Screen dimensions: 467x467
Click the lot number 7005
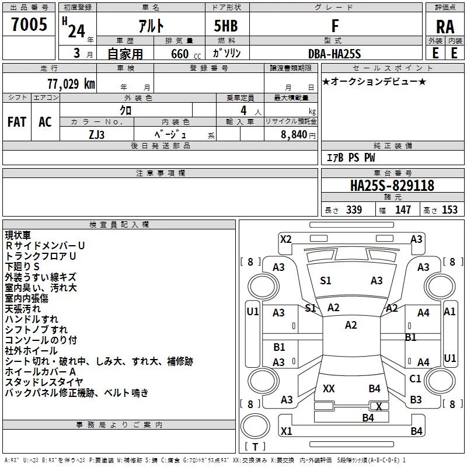pyautogui.click(x=29, y=24)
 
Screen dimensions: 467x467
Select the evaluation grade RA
pyautogui.click(x=445, y=27)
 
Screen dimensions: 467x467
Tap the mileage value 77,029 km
pyautogui.click(x=71, y=83)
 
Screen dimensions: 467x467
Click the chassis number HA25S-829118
pyautogui.click(x=392, y=185)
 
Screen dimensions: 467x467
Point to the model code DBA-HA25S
pyautogui.click(x=334, y=54)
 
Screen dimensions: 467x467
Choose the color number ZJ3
pyautogui.click(x=97, y=135)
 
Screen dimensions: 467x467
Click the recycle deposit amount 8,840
pyautogui.click(x=294, y=135)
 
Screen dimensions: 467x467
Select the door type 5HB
pyautogui.click(x=226, y=26)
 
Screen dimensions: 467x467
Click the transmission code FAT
pyautogui.click(x=17, y=122)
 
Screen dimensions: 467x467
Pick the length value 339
pyautogui.click(x=354, y=210)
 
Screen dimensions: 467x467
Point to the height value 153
pyautogui.click(x=449, y=210)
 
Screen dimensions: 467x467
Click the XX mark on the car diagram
pyautogui.click(x=329, y=389)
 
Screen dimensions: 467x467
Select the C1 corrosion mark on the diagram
pyautogui.click(x=415, y=379)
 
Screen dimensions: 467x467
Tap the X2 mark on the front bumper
pyautogui.click(x=286, y=239)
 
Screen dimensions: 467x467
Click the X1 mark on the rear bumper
pyautogui.click(x=287, y=431)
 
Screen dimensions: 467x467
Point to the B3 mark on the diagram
pyautogui.click(x=416, y=400)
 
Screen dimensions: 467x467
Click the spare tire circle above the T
pyautogui.click(x=255, y=426)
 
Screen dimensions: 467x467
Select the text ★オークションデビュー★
pyautogui.click(x=374, y=82)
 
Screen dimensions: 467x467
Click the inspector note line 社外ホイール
pyautogui.click(x=32, y=351)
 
